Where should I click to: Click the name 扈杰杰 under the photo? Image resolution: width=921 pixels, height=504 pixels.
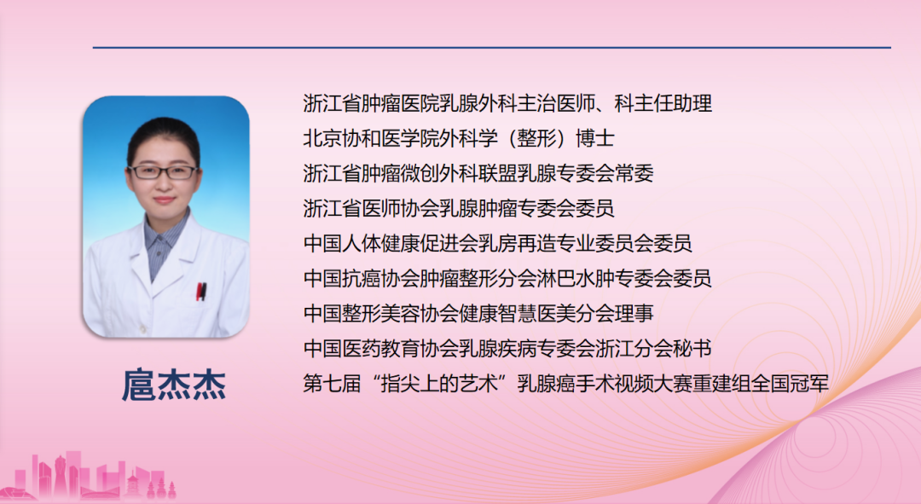tap(173, 385)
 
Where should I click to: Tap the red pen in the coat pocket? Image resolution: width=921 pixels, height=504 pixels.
tap(201, 292)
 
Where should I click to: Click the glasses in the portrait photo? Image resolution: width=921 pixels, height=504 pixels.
tap(163, 172)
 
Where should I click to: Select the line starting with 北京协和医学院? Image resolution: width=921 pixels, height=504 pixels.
tap(459, 139)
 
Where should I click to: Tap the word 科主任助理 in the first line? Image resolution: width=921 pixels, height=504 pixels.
tap(663, 103)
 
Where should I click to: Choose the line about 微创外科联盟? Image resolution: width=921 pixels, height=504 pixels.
tap(478, 173)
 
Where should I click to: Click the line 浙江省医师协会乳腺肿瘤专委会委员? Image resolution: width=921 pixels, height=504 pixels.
tap(459, 208)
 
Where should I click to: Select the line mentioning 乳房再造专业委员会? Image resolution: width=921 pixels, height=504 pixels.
tap(497, 243)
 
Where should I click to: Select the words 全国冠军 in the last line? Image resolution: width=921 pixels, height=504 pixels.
tap(790, 384)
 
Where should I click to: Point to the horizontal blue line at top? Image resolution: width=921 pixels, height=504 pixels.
tap(492, 47)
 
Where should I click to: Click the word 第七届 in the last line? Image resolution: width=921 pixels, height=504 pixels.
tap(332, 384)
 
